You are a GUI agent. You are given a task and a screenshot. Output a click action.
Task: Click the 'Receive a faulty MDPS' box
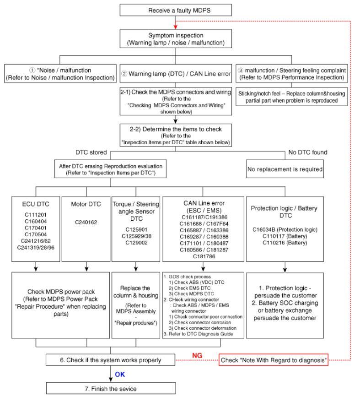(176, 10)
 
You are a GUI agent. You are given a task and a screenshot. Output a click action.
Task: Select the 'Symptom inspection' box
(176, 39)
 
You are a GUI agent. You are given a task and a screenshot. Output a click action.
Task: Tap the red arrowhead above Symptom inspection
(176, 27)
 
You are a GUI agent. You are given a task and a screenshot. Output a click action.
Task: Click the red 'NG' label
(197, 356)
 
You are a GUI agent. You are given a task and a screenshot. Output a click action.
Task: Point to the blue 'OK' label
(120, 375)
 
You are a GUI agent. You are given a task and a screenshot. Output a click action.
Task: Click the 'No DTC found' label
(308, 152)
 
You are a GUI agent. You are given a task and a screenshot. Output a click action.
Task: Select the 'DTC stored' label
(91, 152)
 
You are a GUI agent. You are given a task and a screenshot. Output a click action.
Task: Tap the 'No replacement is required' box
(285, 169)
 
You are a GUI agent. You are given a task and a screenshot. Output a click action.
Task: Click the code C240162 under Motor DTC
(86, 222)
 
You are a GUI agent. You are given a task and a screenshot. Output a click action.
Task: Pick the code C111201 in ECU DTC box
(36, 215)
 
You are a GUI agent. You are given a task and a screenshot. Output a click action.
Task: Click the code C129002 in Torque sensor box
(137, 243)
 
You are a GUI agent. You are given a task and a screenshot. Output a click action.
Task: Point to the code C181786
(204, 256)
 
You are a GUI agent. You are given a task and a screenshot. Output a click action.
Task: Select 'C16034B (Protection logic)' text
(285, 229)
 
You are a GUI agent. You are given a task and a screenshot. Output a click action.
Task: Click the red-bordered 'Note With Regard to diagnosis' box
(274, 360)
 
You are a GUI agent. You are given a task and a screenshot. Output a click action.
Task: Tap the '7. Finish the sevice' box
(111, 388)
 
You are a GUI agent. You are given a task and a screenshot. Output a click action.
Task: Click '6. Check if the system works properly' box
(111, 360)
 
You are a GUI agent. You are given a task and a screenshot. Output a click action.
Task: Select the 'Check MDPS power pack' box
(61, 305)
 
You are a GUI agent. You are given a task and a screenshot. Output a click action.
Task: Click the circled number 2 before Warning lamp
(124, 74)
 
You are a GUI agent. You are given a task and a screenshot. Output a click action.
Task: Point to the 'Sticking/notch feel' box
(292, 97)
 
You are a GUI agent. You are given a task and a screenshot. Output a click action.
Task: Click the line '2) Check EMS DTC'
(190, 288)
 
